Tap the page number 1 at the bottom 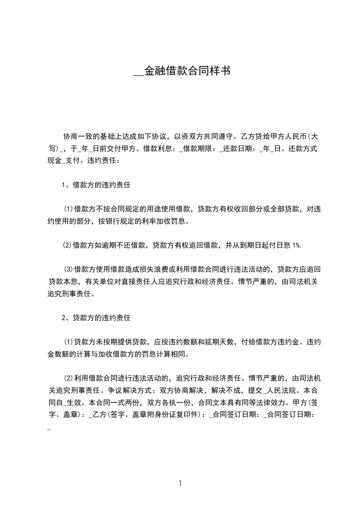click(180, 483)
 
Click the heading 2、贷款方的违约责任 click(97, 318)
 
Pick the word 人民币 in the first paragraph click(290, 136)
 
